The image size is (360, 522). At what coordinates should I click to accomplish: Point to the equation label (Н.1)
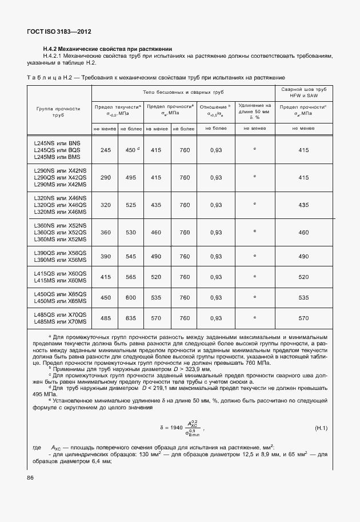[x=321, y=428]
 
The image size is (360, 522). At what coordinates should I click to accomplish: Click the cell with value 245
[x=105, y=150]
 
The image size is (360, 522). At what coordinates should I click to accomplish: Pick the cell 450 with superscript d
[x=131, y=150]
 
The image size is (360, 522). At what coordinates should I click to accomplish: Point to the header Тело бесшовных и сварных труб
[x=182, y=92]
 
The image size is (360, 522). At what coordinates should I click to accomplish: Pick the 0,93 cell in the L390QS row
[x=216, y=256]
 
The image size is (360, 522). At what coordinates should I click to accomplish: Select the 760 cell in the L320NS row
[x=184, y=205]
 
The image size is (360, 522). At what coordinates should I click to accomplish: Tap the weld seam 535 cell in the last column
[x=303, y=298]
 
